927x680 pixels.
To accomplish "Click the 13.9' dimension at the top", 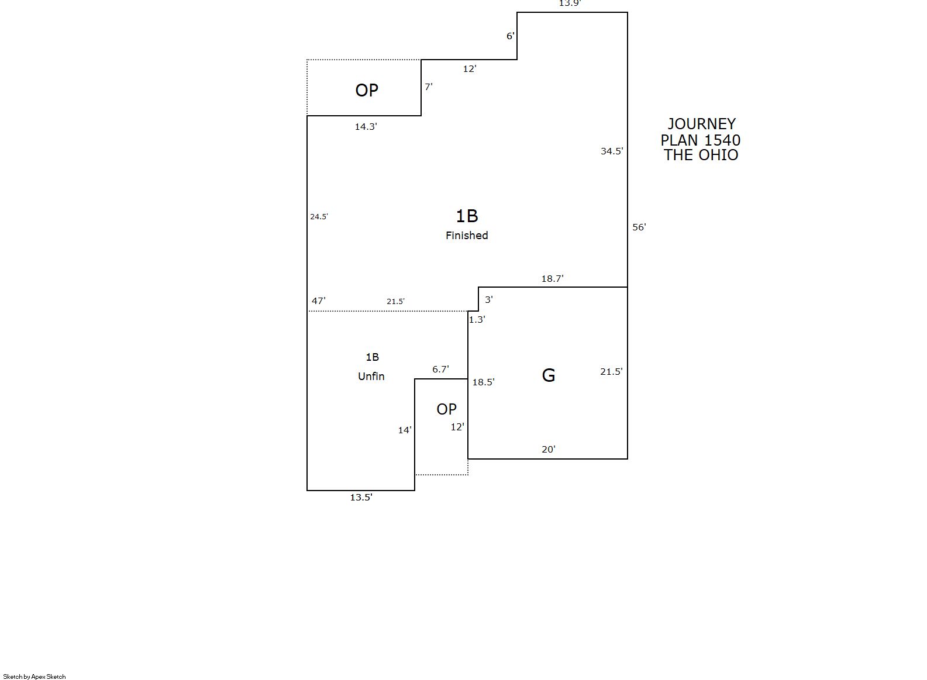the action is coord(570,4).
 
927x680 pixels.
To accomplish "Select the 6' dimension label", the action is coord(510,36).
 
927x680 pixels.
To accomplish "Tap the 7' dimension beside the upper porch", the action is coord(429,87).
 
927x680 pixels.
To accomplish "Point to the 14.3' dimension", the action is coord(366,126).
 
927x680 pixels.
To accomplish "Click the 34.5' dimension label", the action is coord(612,151).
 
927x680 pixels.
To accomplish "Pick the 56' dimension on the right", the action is coord(639,227).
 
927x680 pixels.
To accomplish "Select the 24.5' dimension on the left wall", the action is coord(319,216).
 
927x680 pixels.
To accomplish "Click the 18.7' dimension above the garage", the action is coord(553,278).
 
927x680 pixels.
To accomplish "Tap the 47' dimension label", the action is coord(318,301).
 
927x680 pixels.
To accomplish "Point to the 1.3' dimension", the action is coord(477,319).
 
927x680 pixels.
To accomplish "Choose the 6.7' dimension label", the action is coord(440,369).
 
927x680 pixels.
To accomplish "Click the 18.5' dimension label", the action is coord(483,382).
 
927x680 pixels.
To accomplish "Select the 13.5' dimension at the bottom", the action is coord(361,497).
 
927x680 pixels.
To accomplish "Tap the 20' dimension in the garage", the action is coord(549,449).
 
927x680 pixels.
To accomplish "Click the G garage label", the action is coord(549,375).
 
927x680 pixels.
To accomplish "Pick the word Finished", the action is coord(467,236).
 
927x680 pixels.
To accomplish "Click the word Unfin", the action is coord(371,376).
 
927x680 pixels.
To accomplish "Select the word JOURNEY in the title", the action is coord(701,124).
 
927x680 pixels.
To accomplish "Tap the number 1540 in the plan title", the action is coord(722,140).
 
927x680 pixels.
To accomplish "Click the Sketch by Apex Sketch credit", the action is coord(35,676).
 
